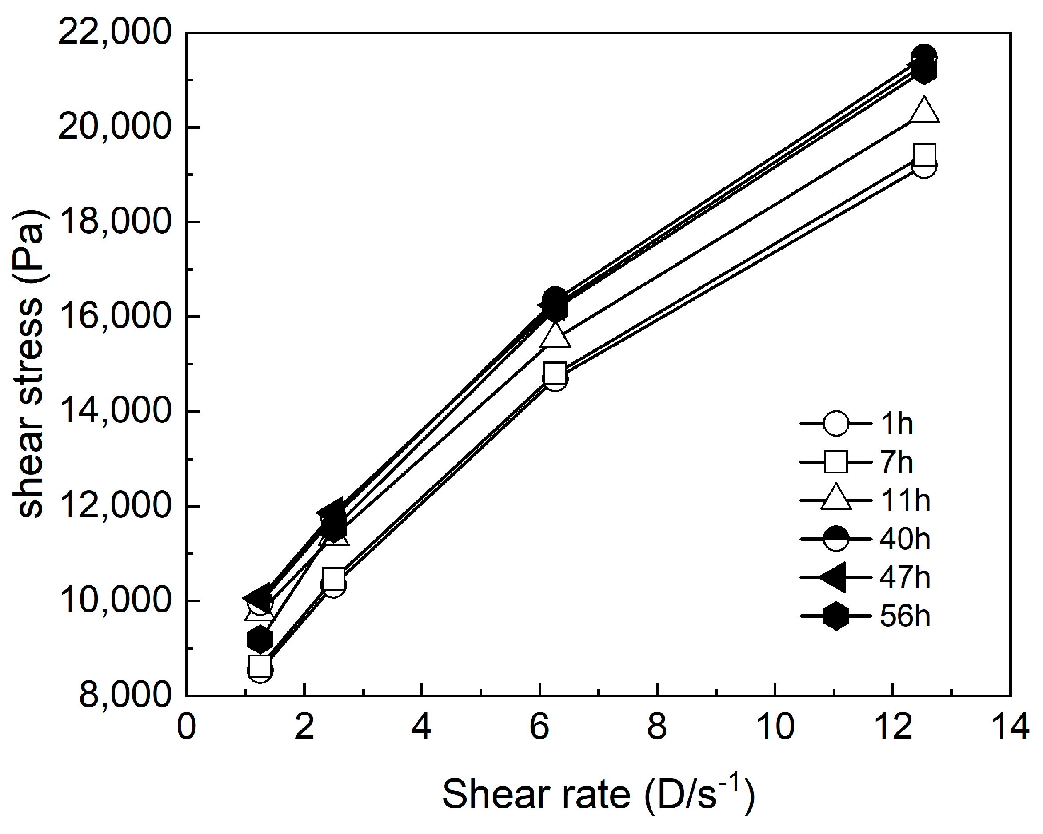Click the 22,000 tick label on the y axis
[x=114, y=32]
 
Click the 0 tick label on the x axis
[x=186, y=727]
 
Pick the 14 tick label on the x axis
[x=1010, y=727]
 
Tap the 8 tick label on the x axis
[x=657, y=727]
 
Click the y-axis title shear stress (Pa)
[x=30, y=364]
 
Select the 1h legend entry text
[x=896, y=424]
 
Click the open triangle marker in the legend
[x=836, y=498]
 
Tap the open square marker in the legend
[x=836, y=462]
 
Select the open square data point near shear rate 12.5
[x=924, y=154]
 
